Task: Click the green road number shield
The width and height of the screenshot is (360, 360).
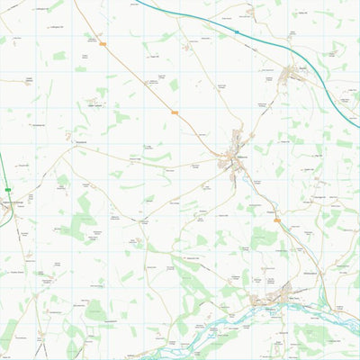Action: tap(7, 190)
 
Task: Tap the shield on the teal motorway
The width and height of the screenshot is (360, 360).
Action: tap(237, 31)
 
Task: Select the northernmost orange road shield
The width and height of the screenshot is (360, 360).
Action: tap(103, 42)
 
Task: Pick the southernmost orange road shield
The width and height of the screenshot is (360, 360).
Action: tap(277, 220)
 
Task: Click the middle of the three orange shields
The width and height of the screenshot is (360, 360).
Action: tap(175, 112)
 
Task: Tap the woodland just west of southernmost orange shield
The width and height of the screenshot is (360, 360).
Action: tap(261, 236)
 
